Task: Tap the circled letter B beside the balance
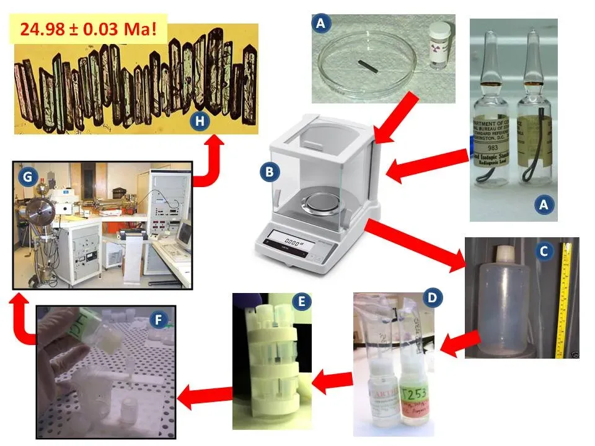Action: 268,173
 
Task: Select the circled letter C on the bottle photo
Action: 544,251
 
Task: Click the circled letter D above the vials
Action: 431,297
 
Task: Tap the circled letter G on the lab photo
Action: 27,178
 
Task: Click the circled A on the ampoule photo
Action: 544,206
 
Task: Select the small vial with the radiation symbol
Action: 436,45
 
